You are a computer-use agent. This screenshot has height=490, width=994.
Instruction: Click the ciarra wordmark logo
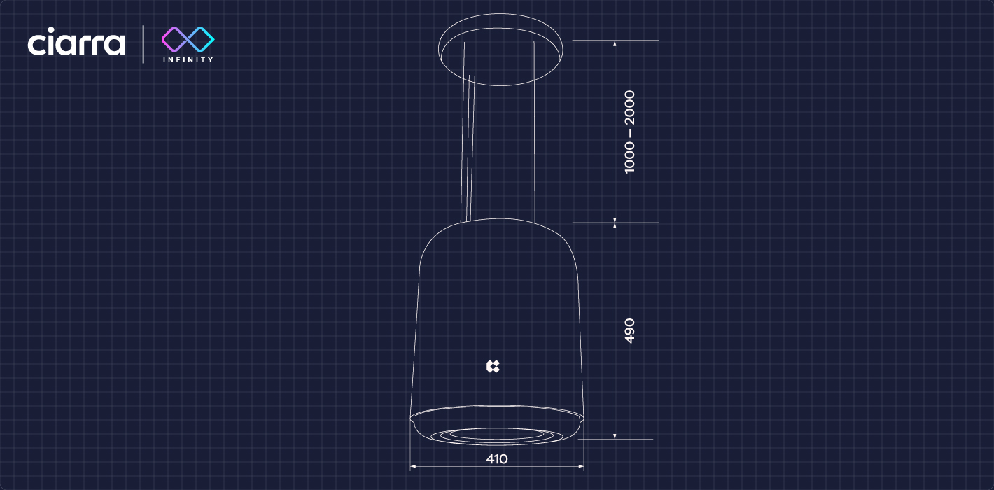point(76,42)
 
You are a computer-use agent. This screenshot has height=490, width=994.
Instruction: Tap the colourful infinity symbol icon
point(188,39)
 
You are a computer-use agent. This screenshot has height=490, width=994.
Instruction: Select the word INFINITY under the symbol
point(188,59)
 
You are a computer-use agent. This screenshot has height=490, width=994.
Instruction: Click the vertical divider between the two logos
point(143,44)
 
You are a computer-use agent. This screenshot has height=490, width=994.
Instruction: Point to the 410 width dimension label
point(496,459)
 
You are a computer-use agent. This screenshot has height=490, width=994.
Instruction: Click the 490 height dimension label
point(629,330)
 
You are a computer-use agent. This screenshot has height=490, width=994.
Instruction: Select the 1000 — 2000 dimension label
point(629,132)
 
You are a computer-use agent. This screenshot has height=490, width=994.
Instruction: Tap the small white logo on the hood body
point(493,366)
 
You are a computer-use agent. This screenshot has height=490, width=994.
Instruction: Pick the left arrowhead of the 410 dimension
point(413,466)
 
